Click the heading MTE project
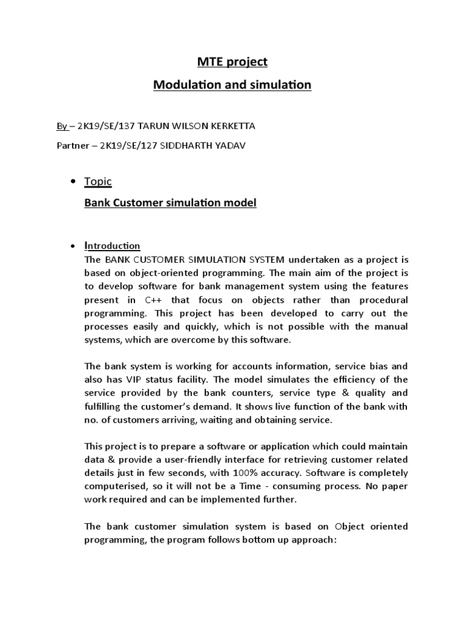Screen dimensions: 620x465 coord(232,62)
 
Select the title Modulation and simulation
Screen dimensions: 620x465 coord(232,85)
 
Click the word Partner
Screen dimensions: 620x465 coord(65,146)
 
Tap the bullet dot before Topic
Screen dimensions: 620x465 coord(73,182)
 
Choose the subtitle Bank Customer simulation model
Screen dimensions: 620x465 coord(170,203)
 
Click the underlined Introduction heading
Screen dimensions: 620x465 coord(112,246)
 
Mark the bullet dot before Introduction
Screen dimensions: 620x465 coord(73,246)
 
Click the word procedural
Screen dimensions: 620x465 coord(384,300)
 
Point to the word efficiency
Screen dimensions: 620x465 coord(340,380)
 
